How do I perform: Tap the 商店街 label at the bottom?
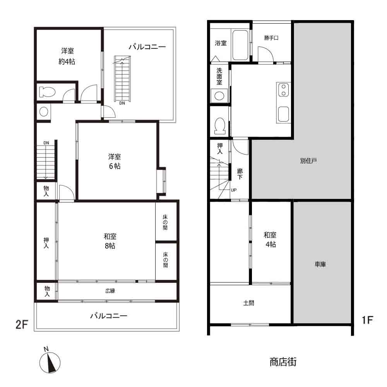tap(283, 362)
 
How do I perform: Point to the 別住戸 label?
tap(308, 161)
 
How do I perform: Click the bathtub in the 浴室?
tap(240, 45)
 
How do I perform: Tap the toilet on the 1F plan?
tap(219, 125)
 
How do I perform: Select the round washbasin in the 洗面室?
tap(219, 96)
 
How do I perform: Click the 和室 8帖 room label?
tap(110, 241)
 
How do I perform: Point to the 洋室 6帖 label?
tap(114, 161)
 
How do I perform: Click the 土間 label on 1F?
tap(248, 303)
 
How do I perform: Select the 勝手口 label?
tap(271, 38)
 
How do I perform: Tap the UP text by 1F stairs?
tap(234, 190)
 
